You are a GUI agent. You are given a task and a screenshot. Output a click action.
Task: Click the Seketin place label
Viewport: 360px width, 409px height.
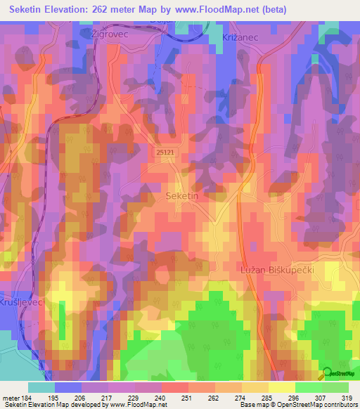coord(181,197)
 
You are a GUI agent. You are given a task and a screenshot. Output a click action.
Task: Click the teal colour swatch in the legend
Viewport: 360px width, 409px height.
coord(41,387)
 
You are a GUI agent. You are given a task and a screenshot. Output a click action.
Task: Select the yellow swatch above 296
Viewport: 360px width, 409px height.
coord(282,387)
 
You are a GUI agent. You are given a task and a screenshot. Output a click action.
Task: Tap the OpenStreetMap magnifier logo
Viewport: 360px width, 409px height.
coord(326,372)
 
